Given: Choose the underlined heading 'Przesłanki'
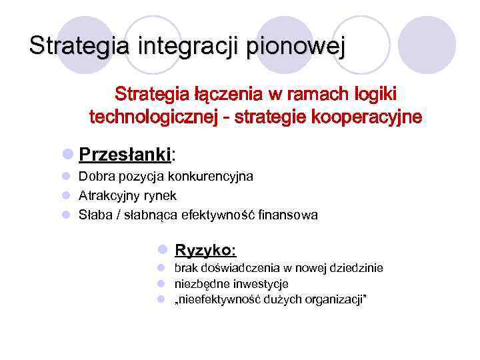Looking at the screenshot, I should (x=125, y=155).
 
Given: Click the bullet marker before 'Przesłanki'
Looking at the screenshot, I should (x=67, y=155).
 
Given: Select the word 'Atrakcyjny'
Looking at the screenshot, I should (x=106, y=196).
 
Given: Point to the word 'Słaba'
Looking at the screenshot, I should (x=95, y=215).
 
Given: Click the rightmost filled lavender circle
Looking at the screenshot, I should (x=431, y=45).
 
